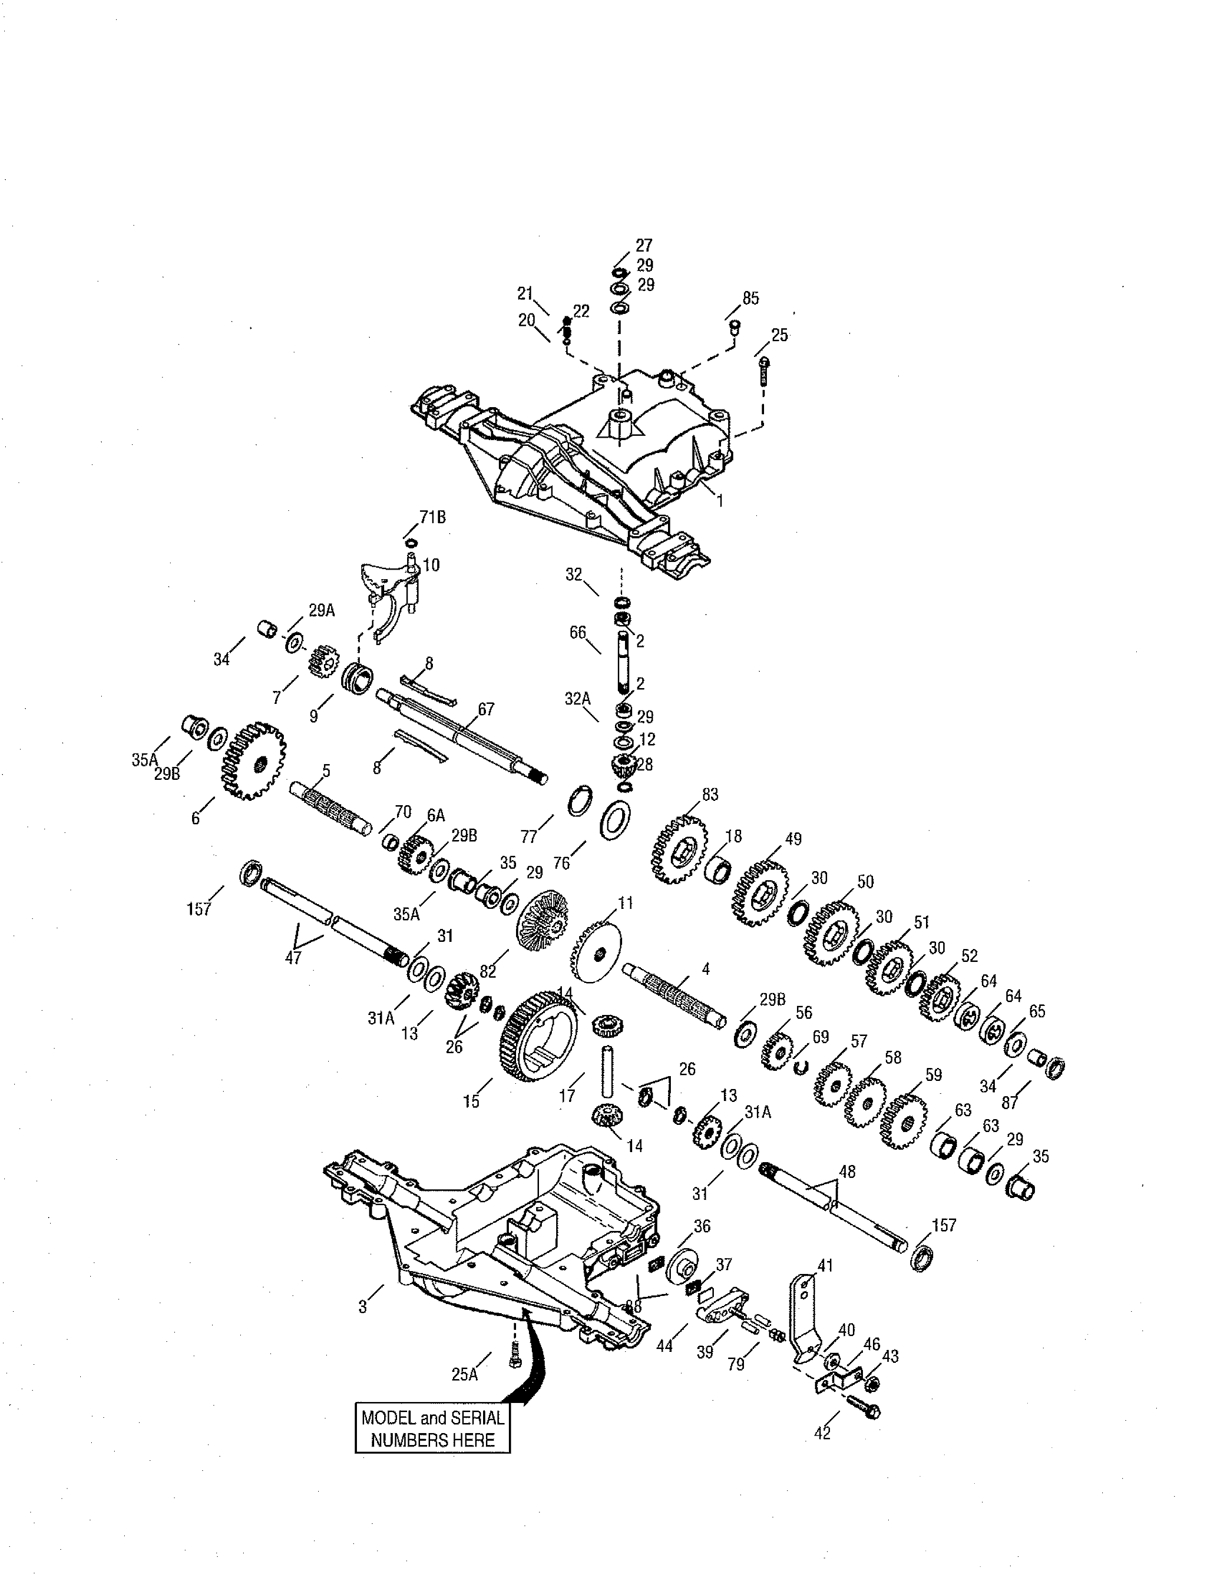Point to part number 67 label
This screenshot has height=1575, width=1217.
coord(486,709)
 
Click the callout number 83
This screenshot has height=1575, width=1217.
coord(710,794)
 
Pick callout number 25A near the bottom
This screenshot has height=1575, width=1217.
coord(465,1374)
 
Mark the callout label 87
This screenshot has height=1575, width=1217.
coord(1010,1103)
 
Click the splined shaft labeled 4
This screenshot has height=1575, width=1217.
coord(676,996)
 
